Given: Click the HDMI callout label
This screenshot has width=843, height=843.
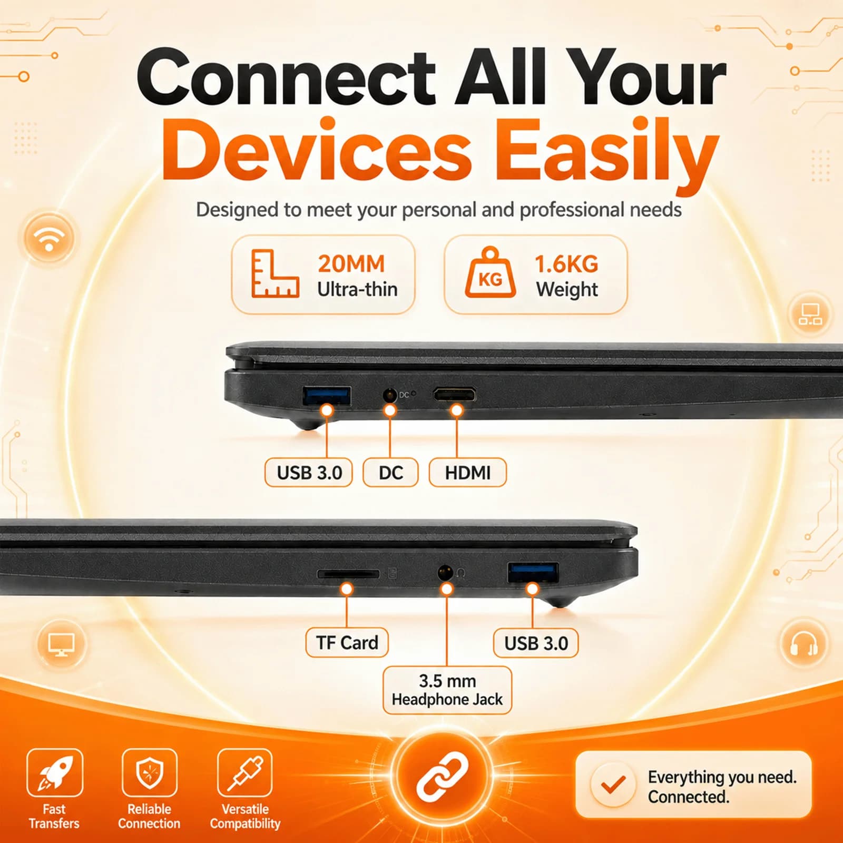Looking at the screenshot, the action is pos(468,473).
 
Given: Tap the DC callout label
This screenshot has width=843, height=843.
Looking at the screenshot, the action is pos(390,473).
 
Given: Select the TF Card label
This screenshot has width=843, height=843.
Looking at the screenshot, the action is pos(347,643).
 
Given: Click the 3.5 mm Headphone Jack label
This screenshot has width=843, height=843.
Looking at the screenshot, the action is pos(447,690).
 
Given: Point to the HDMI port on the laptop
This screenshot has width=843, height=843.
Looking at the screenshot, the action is pos(454,394).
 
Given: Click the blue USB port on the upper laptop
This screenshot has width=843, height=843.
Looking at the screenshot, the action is pos(327,396).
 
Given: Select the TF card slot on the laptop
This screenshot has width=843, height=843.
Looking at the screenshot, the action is pos(348,573).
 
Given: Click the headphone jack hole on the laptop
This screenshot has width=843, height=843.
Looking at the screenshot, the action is pos(445,572).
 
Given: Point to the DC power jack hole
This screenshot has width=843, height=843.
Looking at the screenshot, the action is pos(389,395).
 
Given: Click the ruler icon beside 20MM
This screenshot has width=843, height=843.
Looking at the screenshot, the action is pos(275,274).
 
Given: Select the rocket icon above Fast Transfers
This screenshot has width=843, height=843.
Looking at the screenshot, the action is pos(55,772).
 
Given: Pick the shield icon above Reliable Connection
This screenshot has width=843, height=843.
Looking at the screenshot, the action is pos(150,772).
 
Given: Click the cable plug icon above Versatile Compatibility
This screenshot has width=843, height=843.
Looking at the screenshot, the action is pos(245,772).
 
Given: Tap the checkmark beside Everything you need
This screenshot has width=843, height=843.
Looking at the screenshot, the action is pos(613,785).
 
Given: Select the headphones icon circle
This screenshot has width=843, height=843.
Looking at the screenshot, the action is pos(803,643).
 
